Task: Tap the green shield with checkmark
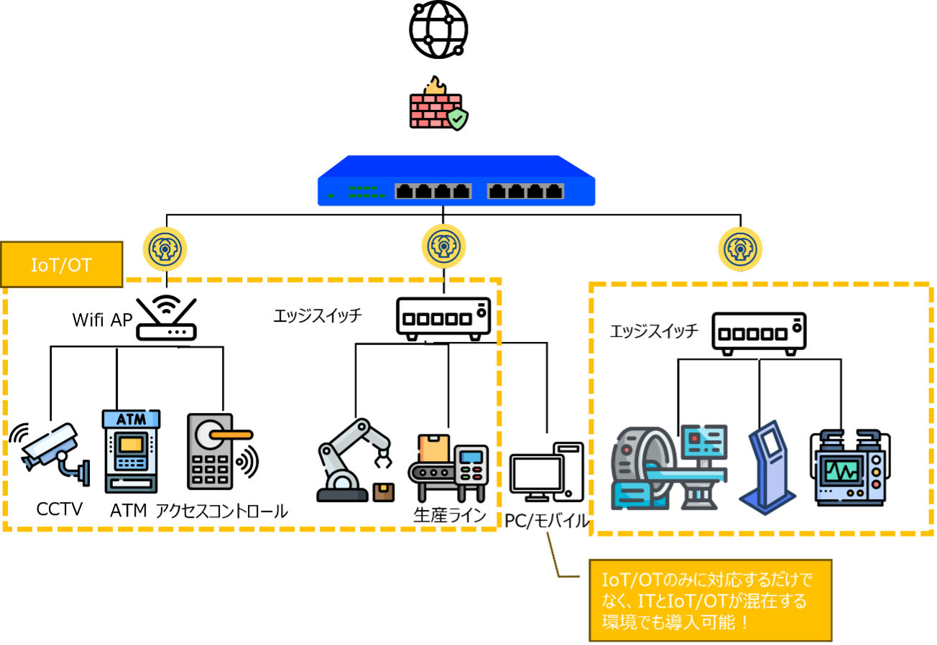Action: pos(457,119)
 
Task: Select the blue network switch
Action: pos(456,182)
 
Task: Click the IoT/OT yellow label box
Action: pos(62,265)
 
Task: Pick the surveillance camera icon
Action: pos(53,451)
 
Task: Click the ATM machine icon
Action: pos(131,451)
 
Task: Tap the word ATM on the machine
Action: pos(131,419)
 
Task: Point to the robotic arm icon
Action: pos(352,460)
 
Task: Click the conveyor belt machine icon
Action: pos(449,467)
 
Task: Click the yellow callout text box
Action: pos(710,600)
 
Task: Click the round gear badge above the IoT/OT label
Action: pos(165,249)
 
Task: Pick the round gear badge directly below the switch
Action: pos(443,246)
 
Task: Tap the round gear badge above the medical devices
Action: pos(740,249)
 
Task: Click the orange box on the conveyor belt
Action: pos(434,449)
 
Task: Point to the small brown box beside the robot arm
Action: pos(384,492)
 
